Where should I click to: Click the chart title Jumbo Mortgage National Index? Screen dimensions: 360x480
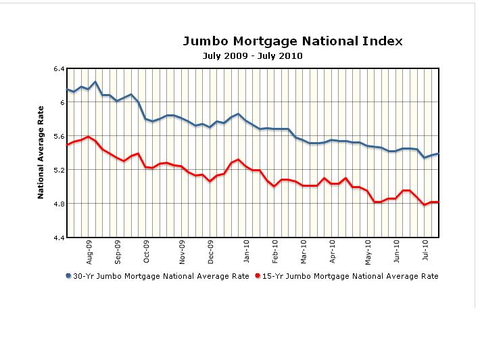[x=292, y=41]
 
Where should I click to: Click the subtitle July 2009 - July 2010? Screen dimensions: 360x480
[x=252, y=56]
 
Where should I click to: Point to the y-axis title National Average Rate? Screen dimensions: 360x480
[x=41, y=152]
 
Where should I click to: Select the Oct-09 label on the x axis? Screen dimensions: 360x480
[x=146, y=252]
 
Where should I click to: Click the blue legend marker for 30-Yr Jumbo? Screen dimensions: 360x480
[x=68, y=276]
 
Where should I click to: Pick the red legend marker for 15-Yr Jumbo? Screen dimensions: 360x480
[x=258, y=276]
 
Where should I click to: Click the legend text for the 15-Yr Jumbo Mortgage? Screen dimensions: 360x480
[x=350, y=276]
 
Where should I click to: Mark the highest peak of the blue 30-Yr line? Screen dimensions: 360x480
[x=95, y=82]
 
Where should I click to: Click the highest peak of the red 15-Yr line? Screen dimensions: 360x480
[x=89, y=137]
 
